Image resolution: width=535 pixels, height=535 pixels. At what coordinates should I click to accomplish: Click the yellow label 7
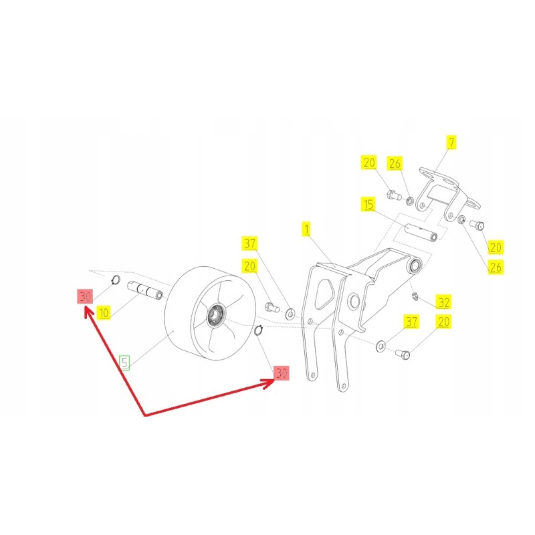pos(452,142)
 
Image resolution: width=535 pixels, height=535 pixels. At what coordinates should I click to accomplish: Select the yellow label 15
pos(368,203)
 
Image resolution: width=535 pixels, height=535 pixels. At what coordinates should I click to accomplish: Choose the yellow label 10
pos(103,312)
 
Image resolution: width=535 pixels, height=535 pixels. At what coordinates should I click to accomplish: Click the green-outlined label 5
pos(125,362)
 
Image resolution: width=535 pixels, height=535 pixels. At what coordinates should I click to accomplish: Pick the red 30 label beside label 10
pos(84,296)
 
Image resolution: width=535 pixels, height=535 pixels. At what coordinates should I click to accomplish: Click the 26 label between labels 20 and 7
pos(395,163)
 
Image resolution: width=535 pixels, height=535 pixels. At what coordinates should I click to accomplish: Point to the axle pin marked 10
pos(146,292)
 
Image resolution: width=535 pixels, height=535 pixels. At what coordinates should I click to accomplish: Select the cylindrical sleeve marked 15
pos(421,235)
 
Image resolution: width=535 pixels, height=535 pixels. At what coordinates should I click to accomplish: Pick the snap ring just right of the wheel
pos(258,329)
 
